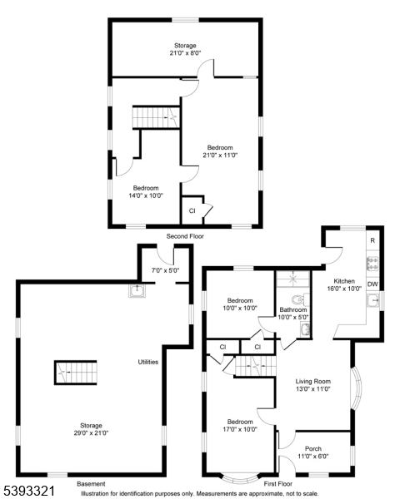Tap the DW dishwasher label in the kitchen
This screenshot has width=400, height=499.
pyautogui.click(x=373, y=284)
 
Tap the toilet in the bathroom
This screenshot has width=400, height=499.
pyautogui.click(x=298, y=299)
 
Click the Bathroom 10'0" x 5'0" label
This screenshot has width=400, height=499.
pyautogui.click(x=294, y=313)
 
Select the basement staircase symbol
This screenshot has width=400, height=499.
pyautogui.click(x=76, y=372)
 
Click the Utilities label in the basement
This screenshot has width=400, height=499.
pyautogui.click(x=148, y=362)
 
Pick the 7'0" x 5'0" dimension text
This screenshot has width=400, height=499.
pyautogui.click(x=163, y=270)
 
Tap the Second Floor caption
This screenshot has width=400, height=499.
pyautogui.click(x=185, y=236)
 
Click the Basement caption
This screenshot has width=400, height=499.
pyautogui.click(x=91, y=483)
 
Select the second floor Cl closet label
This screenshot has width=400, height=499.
pyautogui.click(x=192, y=210)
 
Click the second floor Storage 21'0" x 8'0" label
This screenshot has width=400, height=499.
pyautogui.click(x=185, y=49)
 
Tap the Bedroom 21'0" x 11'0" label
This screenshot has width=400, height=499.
pyautogui.click(x=221, y=151)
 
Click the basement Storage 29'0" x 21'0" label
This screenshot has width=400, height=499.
pyautogui.click(x=91, y=427)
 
